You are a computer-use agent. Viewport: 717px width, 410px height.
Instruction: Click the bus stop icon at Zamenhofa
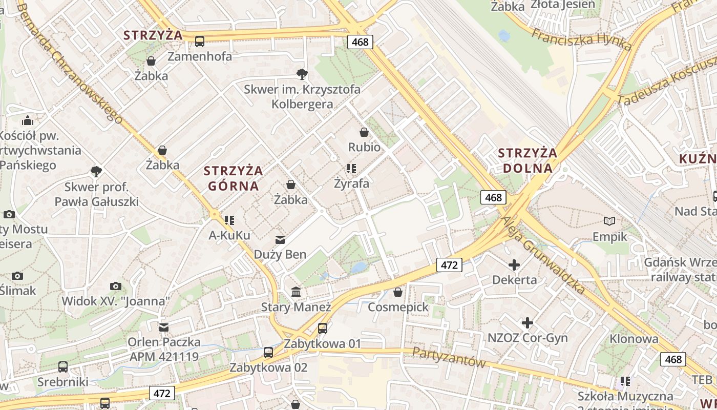[x=200, y=41]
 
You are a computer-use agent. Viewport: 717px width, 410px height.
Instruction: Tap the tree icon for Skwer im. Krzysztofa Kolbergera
[x=302, y=74]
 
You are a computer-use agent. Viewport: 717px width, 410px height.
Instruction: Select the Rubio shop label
[x=364, y=147]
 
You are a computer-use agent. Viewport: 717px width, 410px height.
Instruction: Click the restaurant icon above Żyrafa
[x=351, y=168]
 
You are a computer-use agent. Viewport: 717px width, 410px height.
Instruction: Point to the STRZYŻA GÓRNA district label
[x=233, y=178]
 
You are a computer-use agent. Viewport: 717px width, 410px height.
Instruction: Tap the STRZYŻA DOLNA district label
[x=528, y=160]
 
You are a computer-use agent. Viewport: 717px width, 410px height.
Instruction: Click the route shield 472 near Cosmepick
[x=449, y=265]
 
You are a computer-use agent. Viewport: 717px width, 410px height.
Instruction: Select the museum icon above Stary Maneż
[x=296, y=292]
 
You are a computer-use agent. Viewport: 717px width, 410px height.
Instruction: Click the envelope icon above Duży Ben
[x=280, y=239]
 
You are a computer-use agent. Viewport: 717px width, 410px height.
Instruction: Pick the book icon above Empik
[x=609, y=221]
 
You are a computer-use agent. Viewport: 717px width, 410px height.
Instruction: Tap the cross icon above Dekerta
[x=514, y=265]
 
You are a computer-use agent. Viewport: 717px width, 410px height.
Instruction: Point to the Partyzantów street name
[x=449, y=357]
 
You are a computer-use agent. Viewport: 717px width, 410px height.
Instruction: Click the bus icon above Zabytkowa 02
[x=268, y=352]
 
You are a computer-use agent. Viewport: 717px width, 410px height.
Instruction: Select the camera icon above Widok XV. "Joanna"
[x=116, y=286]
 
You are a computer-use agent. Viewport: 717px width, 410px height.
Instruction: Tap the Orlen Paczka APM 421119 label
[x=163, y=348]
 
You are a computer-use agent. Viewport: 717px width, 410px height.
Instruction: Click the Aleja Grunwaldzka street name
[x=543, y=255]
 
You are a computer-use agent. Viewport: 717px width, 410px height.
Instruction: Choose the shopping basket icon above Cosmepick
[x=398, y=292]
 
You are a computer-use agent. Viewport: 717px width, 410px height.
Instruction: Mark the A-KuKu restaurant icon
[x=229, y=220]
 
